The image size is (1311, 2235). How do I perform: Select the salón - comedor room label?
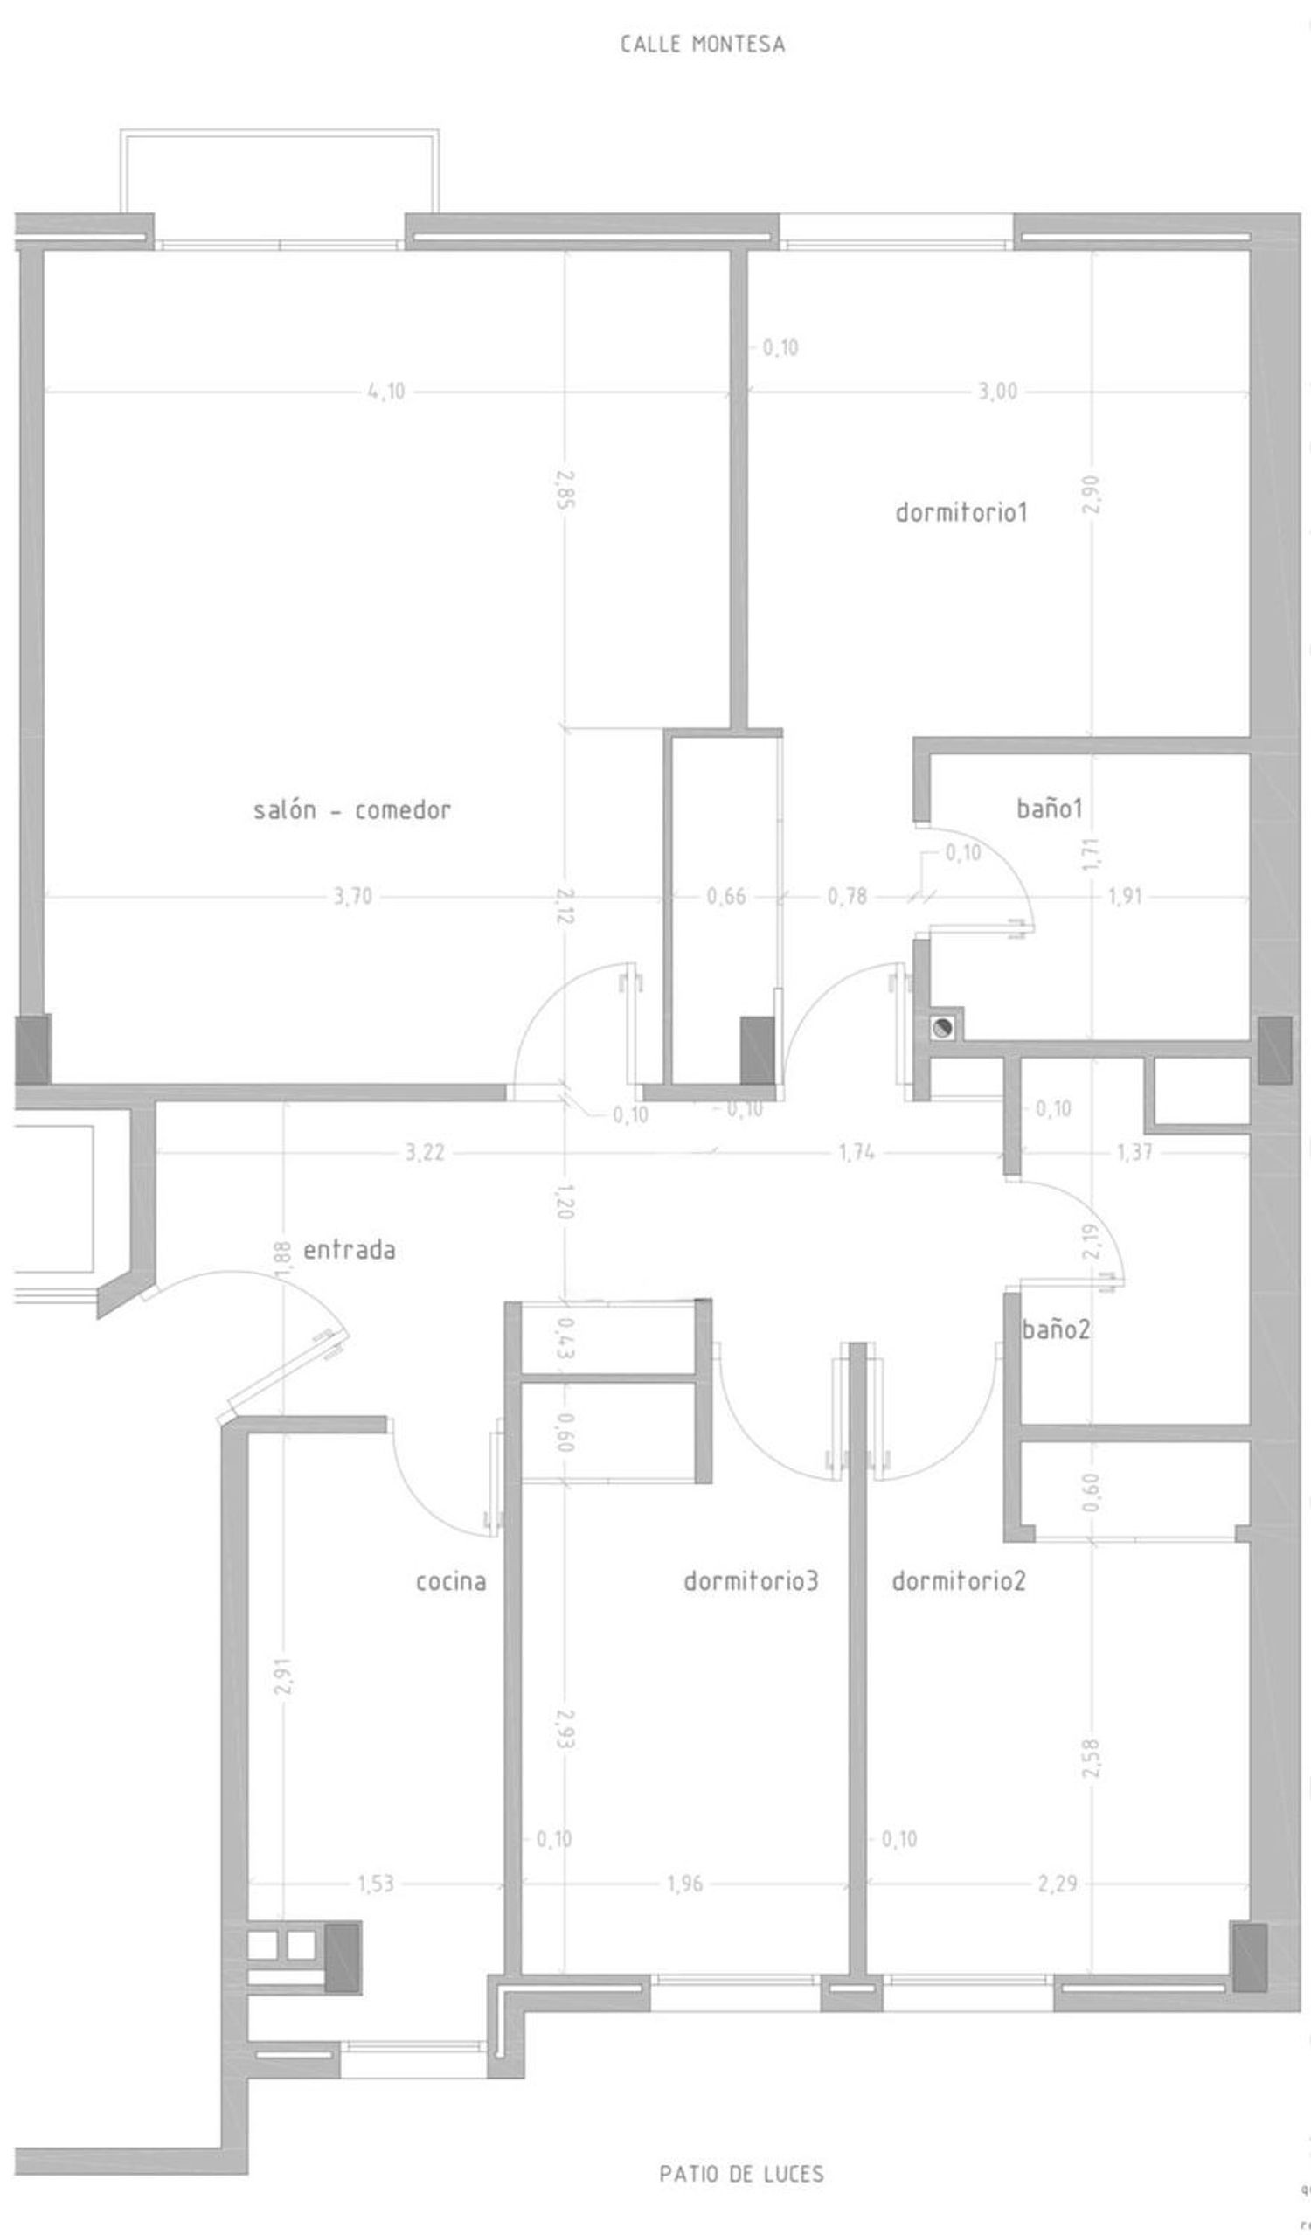point(352,809)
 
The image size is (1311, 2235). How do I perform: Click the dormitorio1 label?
point(961,511)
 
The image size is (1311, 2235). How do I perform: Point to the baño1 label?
point(1050,808)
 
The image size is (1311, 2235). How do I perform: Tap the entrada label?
point(350,1251)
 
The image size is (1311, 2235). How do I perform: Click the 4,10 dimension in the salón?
point(386,391)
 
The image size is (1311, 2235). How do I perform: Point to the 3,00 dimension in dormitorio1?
point(998,391)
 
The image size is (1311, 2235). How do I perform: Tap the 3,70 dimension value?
point(353,897)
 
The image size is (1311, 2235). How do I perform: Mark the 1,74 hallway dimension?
point(857,1153)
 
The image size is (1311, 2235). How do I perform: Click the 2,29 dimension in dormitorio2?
point(1058,1883)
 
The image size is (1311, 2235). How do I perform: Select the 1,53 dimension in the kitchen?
point(375,1883)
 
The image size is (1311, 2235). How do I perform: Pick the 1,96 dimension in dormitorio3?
point(684,1883)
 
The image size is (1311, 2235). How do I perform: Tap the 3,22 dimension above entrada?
point(425,1153)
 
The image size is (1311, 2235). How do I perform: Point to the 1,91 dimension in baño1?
point(1125,897)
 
